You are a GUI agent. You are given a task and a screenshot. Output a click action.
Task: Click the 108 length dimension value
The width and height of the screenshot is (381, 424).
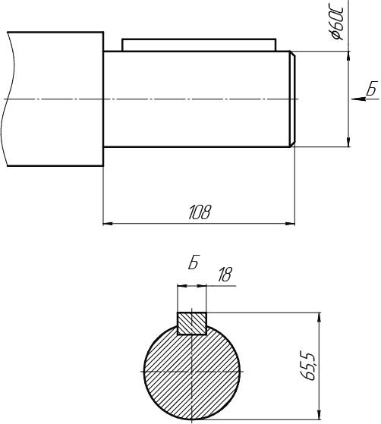click(199, 212)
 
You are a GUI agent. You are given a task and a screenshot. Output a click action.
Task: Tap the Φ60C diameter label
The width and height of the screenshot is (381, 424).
click(338, 23)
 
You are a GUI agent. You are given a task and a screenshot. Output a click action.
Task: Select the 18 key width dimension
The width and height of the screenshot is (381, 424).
click(225, 275)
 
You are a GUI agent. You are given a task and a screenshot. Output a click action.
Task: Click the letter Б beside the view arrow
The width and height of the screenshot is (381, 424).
click(373, 88)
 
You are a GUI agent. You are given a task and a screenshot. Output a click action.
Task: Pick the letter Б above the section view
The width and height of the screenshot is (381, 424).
click(194, 262)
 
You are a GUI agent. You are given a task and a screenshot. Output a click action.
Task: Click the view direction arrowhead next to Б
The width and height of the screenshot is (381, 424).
click(358, 99)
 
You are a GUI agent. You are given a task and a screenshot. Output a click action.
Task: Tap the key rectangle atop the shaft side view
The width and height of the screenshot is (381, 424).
click(199, 45)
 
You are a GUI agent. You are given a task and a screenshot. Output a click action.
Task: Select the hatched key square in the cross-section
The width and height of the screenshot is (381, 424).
click(192, 323)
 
